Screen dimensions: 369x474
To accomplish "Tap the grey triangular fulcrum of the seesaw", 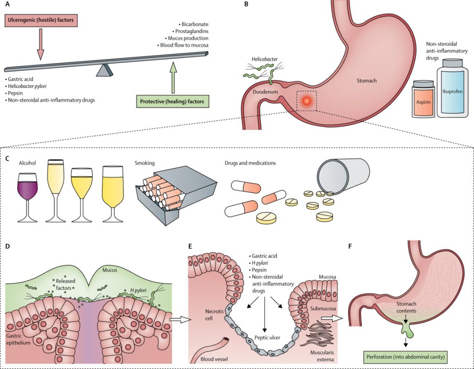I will pyautogui.click(x=105, y=70).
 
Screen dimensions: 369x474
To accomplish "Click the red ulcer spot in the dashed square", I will pyautogui.click(x=306, y=101).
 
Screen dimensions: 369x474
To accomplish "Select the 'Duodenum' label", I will pyautogui.click(x=265, y=92).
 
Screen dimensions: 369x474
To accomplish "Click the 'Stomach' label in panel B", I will pyautogui.click(x=367, y=81).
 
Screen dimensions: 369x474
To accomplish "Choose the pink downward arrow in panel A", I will pyautogui.click(x=40, y=44).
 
